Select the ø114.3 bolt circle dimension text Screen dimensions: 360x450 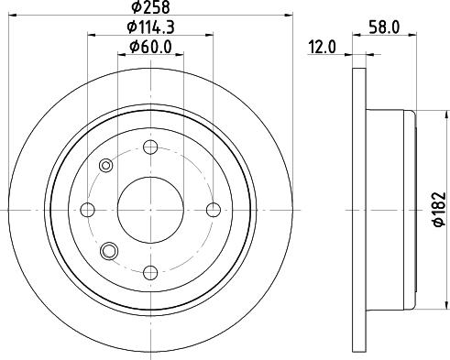(151, 27)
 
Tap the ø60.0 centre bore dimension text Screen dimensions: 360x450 (151, 47)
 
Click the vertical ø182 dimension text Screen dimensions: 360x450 (439, 209)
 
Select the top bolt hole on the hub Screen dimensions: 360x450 (151, 147)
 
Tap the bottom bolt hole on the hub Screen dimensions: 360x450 (151, 271)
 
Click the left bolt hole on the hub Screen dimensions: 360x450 (89, 209)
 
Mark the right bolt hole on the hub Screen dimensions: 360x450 (214, 209)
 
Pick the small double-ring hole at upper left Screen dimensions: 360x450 (105, 166)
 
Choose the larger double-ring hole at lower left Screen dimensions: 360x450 (110, 250)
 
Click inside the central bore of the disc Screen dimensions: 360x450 (151, 209)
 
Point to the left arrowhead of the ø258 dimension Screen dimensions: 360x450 (17, 16)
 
